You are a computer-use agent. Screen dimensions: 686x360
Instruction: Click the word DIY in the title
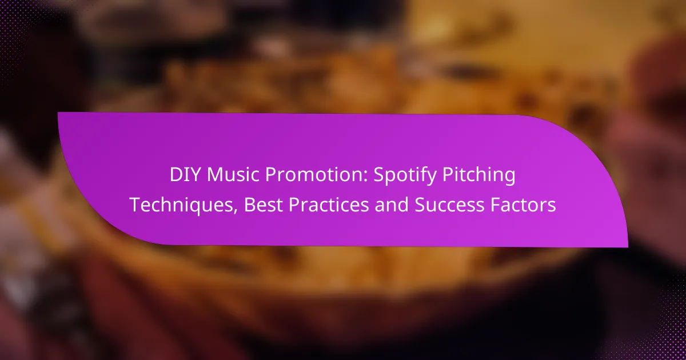click(x=185, y=175)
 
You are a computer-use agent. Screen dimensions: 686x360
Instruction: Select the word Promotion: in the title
click(x=316, y=175)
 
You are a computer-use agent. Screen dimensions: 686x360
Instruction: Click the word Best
click(x=263, y=205)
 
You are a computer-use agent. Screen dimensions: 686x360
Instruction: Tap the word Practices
click(x=329, y=205)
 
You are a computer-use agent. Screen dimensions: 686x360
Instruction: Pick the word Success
click(x=449, y=205)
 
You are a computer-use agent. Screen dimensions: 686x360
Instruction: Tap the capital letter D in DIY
click(x=177, y=175)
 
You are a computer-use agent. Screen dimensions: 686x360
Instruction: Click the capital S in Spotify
click(x=379, y=175)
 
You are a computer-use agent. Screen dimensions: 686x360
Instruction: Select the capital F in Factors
click(x=495, y=205)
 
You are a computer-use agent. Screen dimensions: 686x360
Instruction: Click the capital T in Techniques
click(x=135, y=205)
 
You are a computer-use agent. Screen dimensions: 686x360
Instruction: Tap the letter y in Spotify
click(x=431, y=179)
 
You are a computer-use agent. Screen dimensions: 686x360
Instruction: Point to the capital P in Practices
click(x=294, y=205)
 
